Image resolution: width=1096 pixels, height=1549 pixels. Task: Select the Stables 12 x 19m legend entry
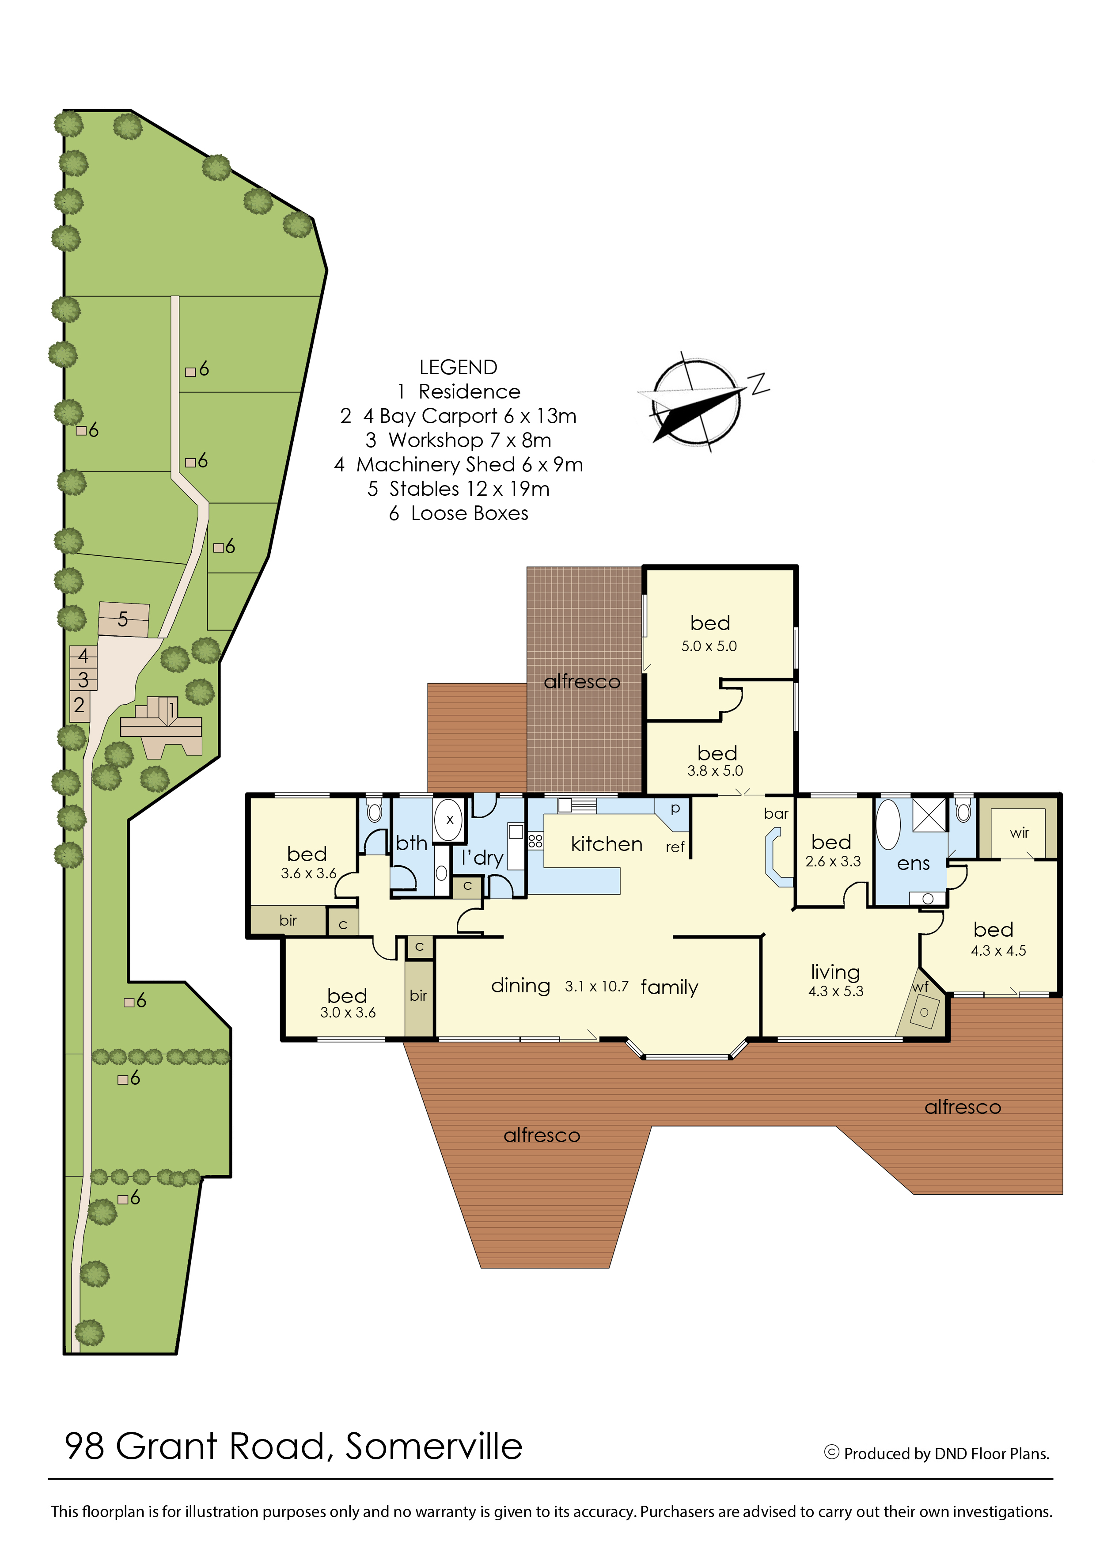pyautogui.click(x=458, y=489)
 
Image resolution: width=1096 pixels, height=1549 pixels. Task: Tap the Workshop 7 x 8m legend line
pyautogui.click(x=458, y=440)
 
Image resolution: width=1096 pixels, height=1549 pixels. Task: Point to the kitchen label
pyautogui.click(x=606, y=844)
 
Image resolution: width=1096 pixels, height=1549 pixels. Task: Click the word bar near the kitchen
pyautogui.click(x=776, y=813)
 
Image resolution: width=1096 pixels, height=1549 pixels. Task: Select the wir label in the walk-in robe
pyautogui.click(x=1019, y=832)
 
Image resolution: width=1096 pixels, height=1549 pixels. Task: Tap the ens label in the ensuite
pyautogui.click(x=913, y=864)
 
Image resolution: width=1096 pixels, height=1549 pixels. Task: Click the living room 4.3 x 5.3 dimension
pyautogui.click(x=835, y=991)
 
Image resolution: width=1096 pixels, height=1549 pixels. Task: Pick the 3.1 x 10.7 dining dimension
pyautogui.click(x=596, y=986)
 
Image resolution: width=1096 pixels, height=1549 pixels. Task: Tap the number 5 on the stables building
pyautogui.click(x=123, y=619)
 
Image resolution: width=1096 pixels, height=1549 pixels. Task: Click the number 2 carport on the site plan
pyautogui.click(x=79, y=705)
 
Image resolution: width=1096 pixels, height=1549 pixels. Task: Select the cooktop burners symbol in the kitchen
pyautogui.click(x=535, y=841)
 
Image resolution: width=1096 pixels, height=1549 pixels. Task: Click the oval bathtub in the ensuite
pyautogui.click(x=888, y=825)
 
